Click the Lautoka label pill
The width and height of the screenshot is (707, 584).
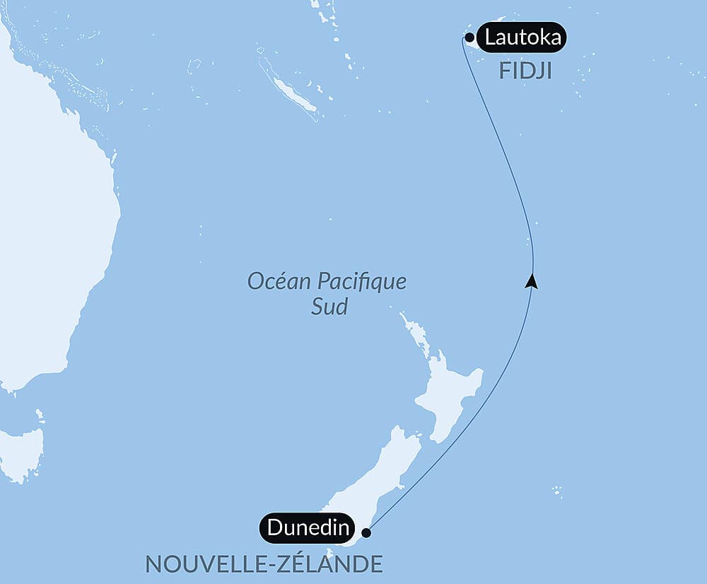[522, 38]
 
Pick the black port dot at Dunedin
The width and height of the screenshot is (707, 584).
[366, 533]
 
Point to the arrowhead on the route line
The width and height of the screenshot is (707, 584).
[532, 282]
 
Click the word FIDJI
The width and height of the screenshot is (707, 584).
[525, 72]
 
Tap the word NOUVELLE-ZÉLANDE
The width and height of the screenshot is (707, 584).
[264, 564]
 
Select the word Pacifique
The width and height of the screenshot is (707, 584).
[361, 281]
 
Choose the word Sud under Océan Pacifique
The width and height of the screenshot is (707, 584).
[329, 307]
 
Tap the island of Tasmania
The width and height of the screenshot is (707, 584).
[21, 453]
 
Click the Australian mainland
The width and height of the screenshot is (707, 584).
[49, 234]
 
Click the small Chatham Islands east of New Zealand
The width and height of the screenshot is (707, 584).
[557, 490]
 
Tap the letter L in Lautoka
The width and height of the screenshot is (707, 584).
[490, 38]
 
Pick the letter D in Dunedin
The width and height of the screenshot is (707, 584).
[274, 528]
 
